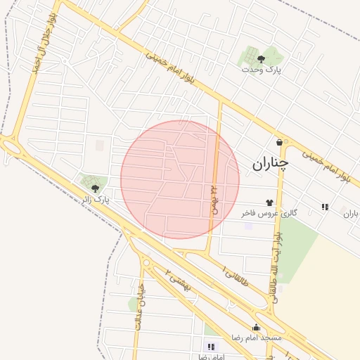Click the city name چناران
(x=270, y=164)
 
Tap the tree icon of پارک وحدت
(x=262, y=59)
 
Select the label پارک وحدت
(x=261, y=70)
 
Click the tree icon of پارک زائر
(x=95, y=188)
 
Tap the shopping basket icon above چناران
(x=280, y=142)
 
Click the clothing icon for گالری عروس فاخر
(x=269, y=202)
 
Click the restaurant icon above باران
(x=325, y=207)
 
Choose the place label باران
(x=351, y=213)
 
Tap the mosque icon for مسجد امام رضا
(x=256, y=327)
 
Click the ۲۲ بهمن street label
(x=213, y=200)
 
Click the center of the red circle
(x=180, y=179)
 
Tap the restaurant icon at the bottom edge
(x=210, y=347)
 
